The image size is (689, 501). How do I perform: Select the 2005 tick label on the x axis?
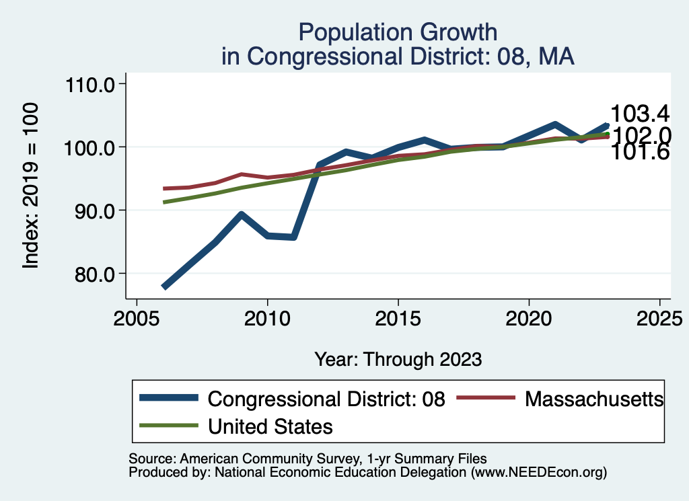point(137,317)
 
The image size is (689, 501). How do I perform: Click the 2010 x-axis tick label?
point(267,317)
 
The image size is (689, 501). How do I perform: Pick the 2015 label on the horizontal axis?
point(398,317)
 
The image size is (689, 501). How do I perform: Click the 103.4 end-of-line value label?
point(639,114)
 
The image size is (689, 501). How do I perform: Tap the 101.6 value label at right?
point(639,153)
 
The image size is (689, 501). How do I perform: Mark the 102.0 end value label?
point(641,136)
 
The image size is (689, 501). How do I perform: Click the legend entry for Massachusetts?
point(594,399)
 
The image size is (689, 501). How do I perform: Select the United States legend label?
point(270,426)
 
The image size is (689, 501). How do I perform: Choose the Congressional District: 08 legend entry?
point(326,399)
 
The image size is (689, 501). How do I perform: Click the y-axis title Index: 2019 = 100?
point(31,186)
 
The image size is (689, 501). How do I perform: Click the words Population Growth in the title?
point(398,32)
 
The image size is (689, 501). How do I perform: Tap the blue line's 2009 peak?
point(242,215)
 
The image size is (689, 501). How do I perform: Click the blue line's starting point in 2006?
point(164,287)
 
